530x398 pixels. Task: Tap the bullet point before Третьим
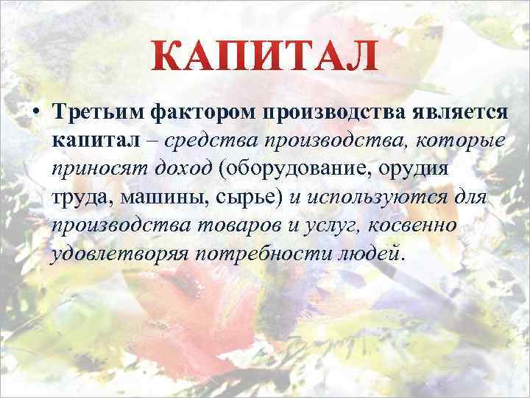pyautogui.click(x=35, y=114)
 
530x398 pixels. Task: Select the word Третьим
pyautogui.click(x=97, y=114)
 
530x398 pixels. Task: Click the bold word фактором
pyautogui.click(x=193, y=114)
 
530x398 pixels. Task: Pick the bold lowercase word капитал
pyautogui.click(x=88, y=141)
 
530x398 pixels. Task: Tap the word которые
pyautogui.click(x=460, y=141)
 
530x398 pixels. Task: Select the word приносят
pyautogui.click(x=93, y=169)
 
